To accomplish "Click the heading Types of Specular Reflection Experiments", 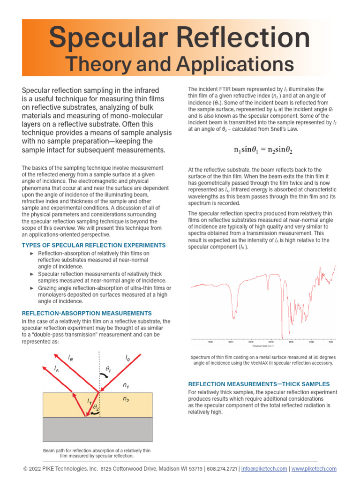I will pyautogui.click(x=94, y=245).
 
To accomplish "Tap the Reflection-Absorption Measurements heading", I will pyautogui.click(x=87, y=313).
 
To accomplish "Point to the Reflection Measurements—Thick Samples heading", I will pyautogui.click(x=259, y=384).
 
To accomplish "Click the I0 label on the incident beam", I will pyautogui.click(x=127, y=358).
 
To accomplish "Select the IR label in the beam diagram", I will pyautogui.click(x=70, y=358).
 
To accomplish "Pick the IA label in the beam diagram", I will pyautogui.click(x=57, y=370).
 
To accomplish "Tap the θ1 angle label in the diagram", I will pyautogui.click(x=108, y=369).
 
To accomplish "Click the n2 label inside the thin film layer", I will pyautogui.click(x=126, y=399).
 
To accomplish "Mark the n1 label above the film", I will pyautogui.click(x=126, y=385).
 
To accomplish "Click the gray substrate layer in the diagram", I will pyautogui.click(x=97, y=428).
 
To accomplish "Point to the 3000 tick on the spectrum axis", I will pyautogui.click(x=230, y=342).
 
